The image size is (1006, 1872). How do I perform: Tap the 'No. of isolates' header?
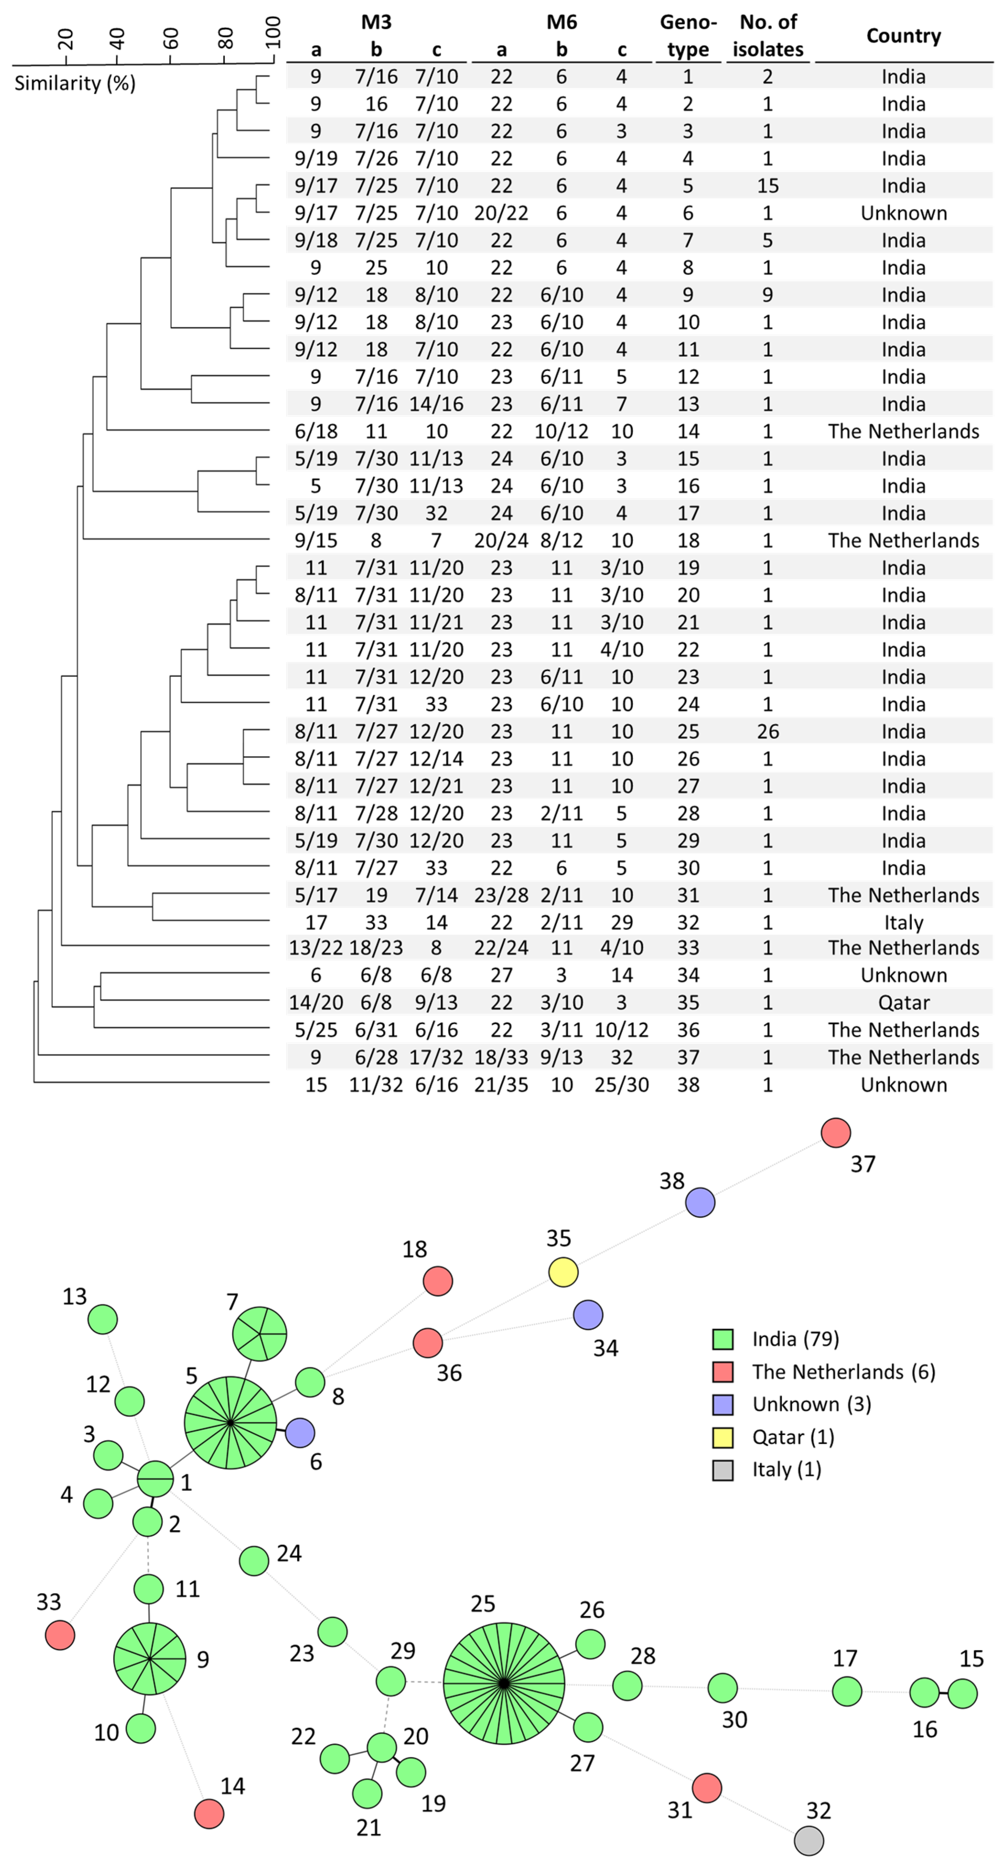pos(768,36)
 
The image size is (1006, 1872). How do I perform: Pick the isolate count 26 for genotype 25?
pos(768,731)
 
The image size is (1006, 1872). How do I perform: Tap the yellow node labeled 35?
pos(563,1272)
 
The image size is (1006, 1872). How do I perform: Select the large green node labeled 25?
pos(504,1683)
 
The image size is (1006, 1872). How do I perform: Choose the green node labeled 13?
pos(103,1319)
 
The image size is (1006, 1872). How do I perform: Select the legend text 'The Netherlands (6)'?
pos(843,1372)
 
